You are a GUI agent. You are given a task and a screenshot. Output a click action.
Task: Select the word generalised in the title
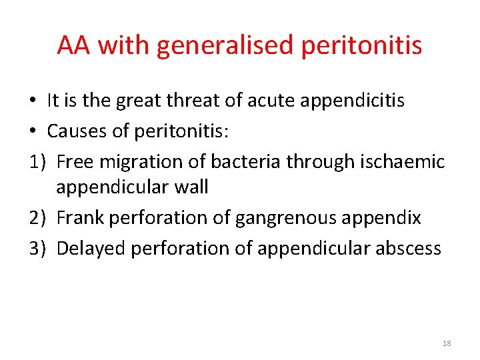tap(225, 45)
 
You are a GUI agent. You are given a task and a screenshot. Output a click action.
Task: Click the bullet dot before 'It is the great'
tap(33, 101)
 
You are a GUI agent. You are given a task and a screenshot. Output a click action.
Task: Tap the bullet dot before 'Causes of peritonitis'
tap(33, 132)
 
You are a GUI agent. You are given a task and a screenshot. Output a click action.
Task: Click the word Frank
tap(79, 218)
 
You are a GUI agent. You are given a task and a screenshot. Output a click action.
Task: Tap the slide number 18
tap(447, 343)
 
